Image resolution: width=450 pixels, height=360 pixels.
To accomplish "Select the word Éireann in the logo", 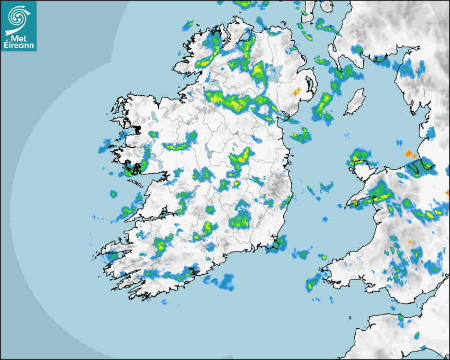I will point(19,46).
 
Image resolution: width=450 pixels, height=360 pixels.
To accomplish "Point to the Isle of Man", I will point(354,102).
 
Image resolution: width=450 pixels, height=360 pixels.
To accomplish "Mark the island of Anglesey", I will point(360,159).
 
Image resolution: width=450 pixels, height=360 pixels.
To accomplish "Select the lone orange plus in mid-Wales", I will point(410,242).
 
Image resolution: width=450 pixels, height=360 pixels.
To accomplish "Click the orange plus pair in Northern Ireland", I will point(297,92).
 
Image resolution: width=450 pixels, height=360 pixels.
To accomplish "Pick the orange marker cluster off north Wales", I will point(409,154).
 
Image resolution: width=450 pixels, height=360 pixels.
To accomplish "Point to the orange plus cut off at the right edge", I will point(448,193).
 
